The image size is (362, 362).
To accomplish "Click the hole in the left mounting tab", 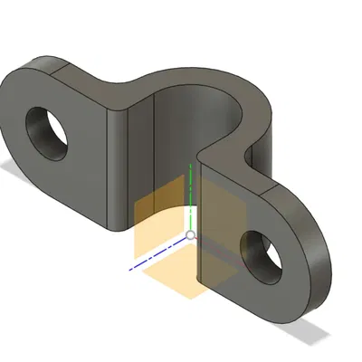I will (48, 129).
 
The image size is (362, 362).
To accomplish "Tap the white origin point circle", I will (190, 235).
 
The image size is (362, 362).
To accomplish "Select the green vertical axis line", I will (190, 195).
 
